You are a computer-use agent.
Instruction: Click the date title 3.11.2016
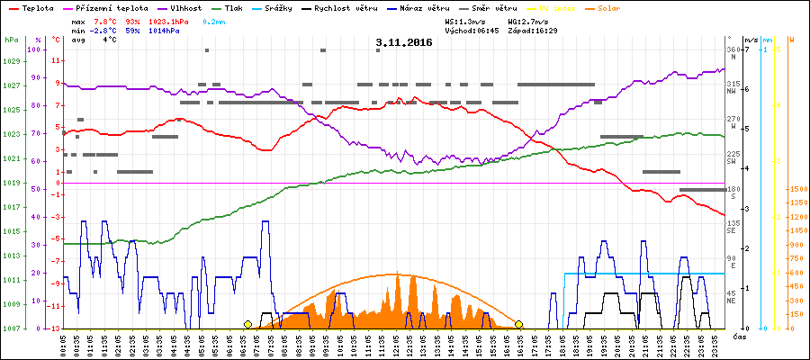pyautogui.click(x=404, y=42)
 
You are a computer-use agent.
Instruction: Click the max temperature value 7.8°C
pyautogui.click(x=106, y=20)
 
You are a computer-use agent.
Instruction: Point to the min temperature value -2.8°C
pyautogui.click(x=104, y=30)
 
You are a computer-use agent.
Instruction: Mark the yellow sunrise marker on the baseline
pyautogui.click(x=247, y=324)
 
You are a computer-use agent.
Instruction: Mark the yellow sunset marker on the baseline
pyautogui.click(x=518, y=324)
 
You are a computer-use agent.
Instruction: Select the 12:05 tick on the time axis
pyautogui.click(x=396, y=345)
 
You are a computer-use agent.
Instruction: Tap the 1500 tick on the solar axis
pyautogui.click(x=796, y=189)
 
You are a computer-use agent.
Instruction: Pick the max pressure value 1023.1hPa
pyautogui.click(x=167, y=20)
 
